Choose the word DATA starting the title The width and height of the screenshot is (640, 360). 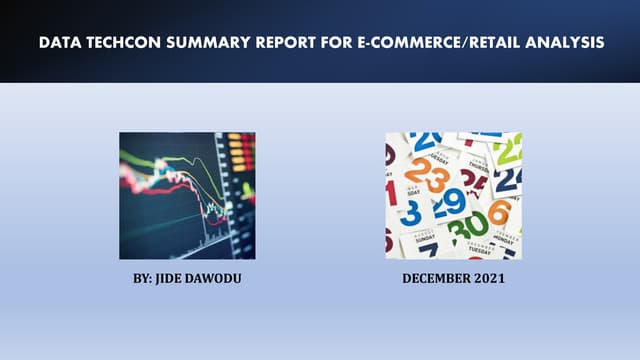(59, 43)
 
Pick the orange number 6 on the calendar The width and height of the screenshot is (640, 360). (499, 212)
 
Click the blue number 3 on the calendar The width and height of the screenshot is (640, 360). (411, 212)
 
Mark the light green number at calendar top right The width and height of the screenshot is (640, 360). (508, 150)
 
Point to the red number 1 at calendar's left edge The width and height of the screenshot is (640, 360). (391, 189)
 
